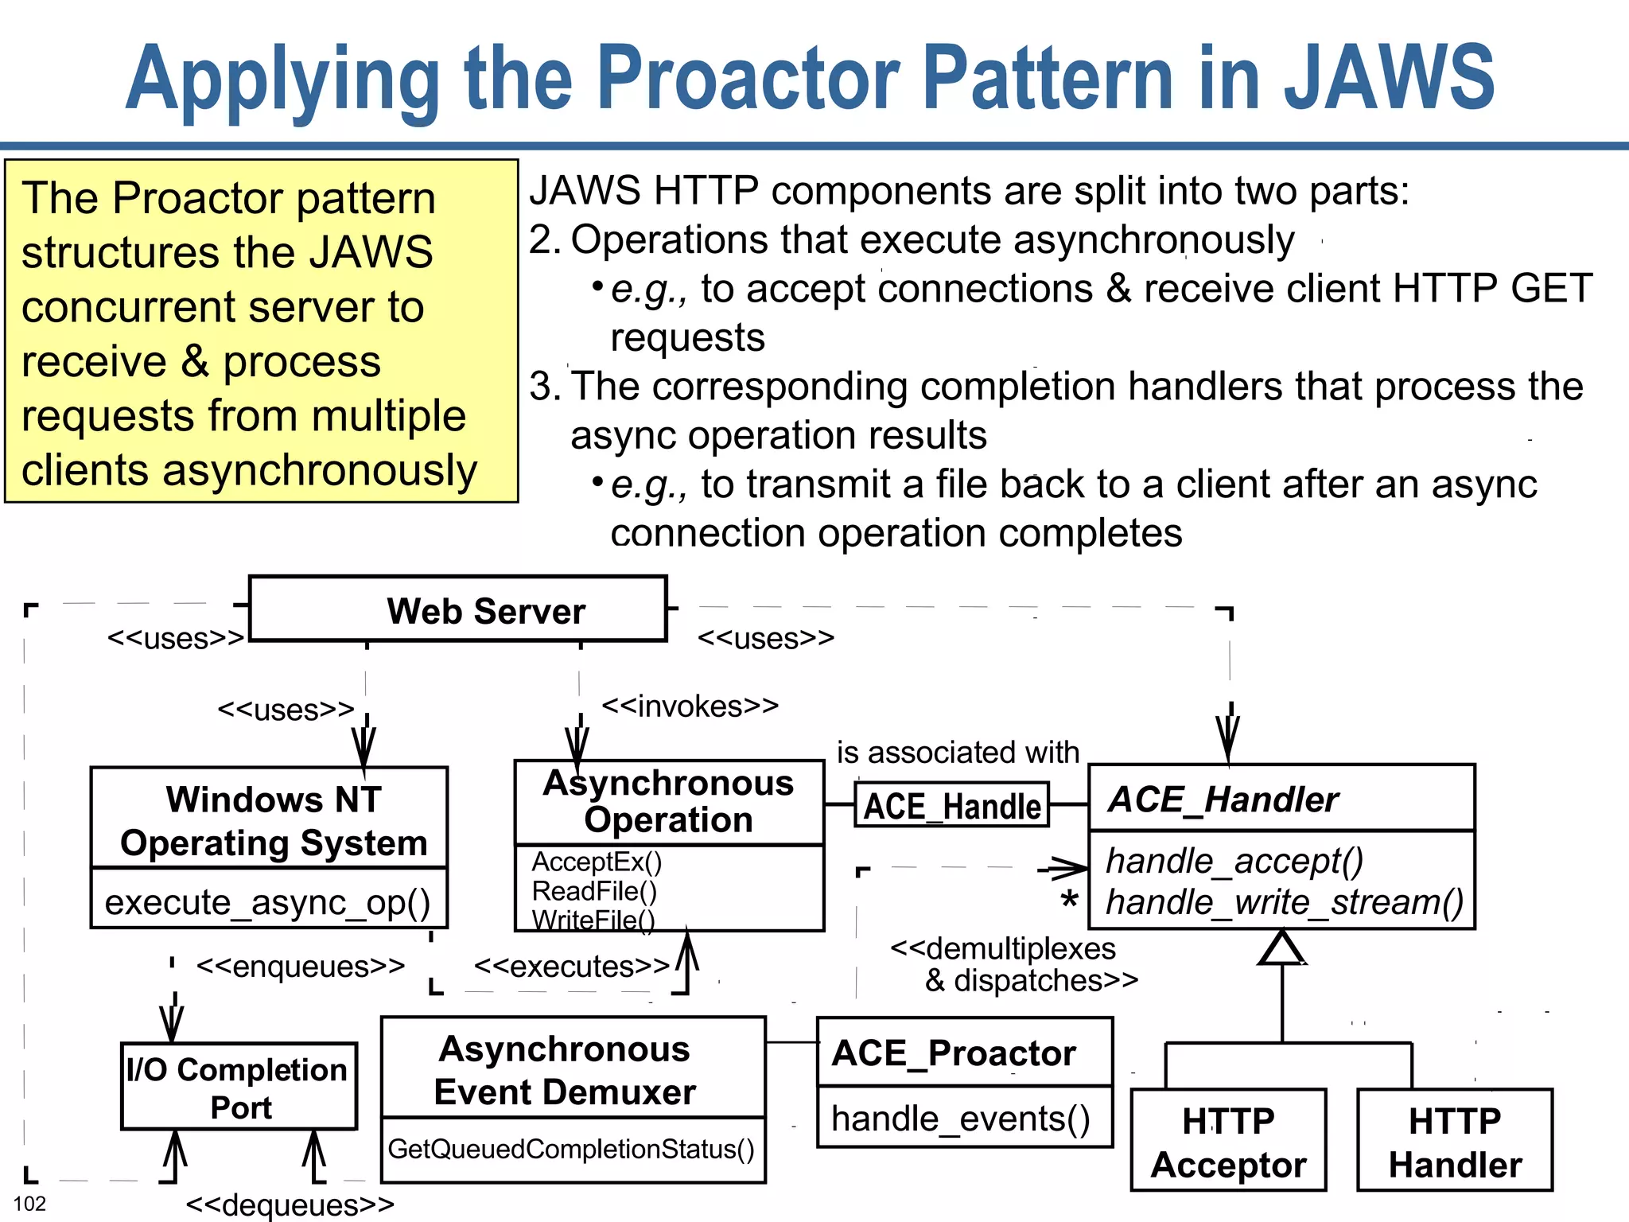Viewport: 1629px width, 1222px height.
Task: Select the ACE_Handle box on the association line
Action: coord(951,805)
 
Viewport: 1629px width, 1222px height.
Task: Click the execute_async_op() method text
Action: coord(267,902)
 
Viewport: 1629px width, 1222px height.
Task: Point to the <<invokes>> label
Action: coord(690,706)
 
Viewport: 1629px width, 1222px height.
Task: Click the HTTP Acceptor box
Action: coord(1228,1142)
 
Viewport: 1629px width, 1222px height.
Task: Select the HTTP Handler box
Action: coord(1454,1142)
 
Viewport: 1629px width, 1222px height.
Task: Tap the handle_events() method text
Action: coord(960,1119)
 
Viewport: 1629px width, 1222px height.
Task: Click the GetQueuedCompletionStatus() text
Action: coord(571,1149)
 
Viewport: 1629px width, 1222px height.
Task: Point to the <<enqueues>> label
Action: coord(301,966)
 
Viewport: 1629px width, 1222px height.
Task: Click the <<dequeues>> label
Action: coord(290,1204)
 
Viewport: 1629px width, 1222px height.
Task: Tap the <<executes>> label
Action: coord(571,966)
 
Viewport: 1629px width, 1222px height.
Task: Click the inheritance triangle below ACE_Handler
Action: coord(1281,950)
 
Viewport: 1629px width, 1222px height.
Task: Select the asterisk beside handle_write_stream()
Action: coord(1069,902)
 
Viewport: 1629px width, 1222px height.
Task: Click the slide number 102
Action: coord(30,1204)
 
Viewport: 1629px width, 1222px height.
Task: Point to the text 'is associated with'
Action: coord(958,752)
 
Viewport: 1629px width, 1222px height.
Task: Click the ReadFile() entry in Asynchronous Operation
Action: coord(594,891)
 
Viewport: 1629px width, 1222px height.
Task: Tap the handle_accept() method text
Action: coord(1234,861)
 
